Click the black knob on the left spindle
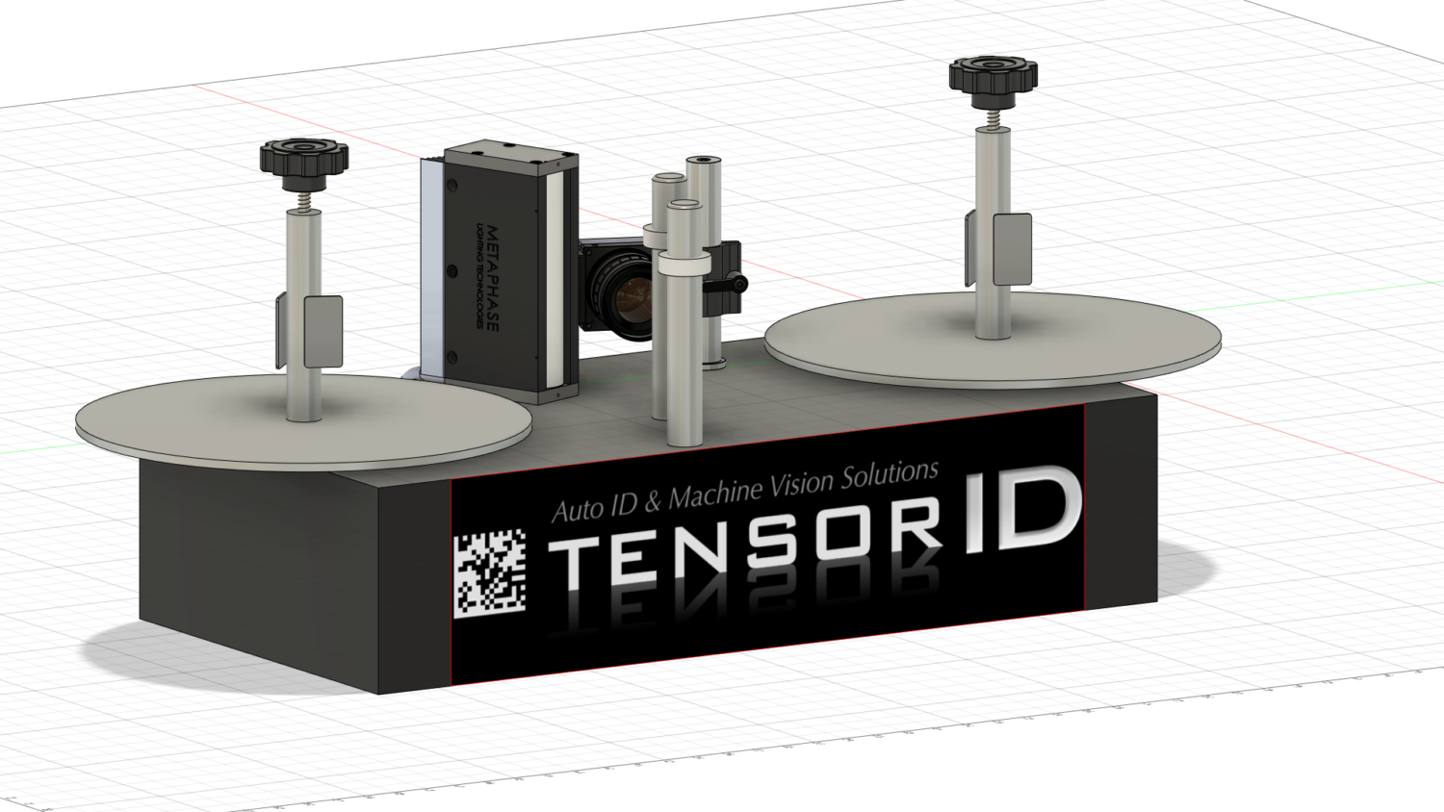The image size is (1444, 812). point(303,158)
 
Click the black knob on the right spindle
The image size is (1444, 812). point(993,76)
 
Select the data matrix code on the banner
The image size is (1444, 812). point(489,573)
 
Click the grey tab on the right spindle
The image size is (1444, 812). point(1012,249)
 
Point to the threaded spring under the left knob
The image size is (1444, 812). point(303,201)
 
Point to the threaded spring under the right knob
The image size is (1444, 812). point(993,117)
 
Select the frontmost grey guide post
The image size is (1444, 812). point(683,327)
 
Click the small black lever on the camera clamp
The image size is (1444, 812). point(735,284)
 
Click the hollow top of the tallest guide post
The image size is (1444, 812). point(704,161)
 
